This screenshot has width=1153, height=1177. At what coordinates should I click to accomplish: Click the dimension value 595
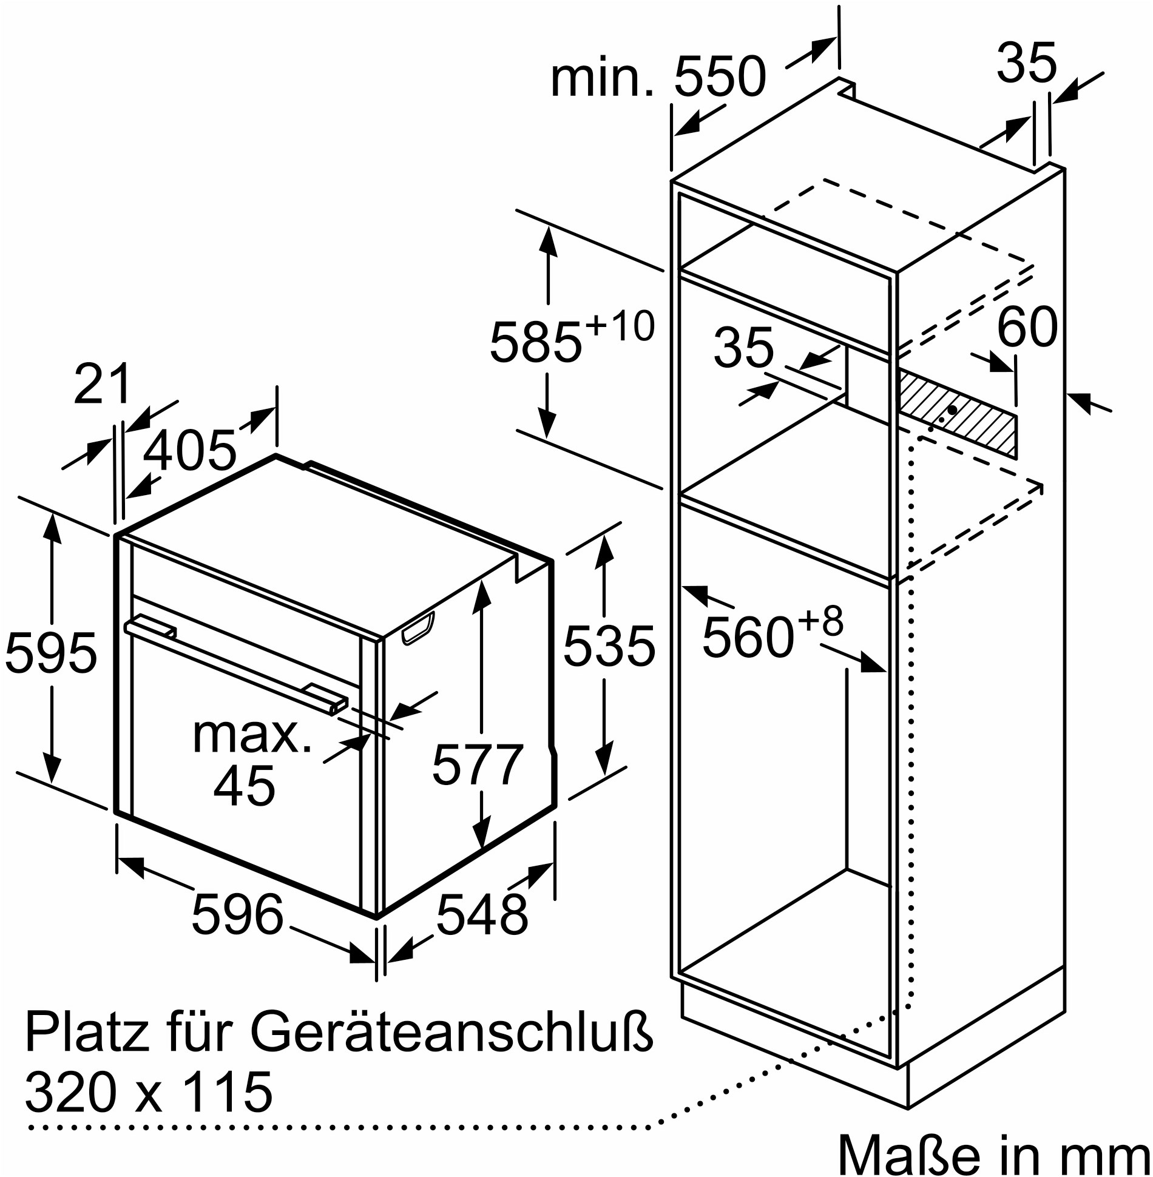[x=51, y=653]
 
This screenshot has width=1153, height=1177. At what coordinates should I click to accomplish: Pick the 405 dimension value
[x=189, y=451]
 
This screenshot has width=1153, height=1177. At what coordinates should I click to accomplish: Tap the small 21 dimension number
[x=102, y=383]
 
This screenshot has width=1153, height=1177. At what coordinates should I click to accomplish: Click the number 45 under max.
[x=245, y=786]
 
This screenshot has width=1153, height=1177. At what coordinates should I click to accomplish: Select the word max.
[x=252, y=735]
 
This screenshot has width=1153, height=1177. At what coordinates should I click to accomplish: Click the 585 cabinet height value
[x=536, y=343]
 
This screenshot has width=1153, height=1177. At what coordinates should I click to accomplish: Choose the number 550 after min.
[x=720, y=77]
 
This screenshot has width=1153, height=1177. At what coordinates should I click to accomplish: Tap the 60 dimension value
[x=1027, y=328]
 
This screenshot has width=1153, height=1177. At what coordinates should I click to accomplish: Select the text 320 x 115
[x=149, y=1092]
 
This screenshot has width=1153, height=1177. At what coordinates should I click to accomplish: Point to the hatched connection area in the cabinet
[x=957, y=413]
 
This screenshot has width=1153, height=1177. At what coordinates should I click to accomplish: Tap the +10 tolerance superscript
[x=620, y=326]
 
